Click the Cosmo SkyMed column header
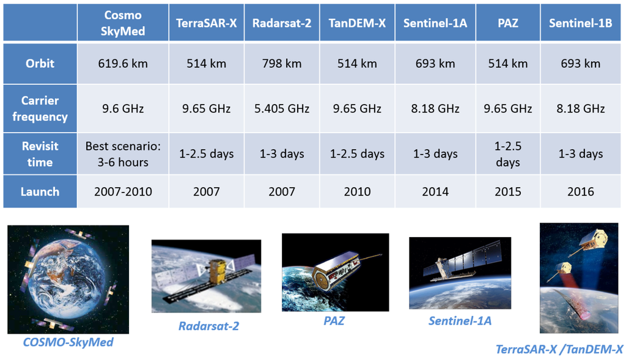click(x=123, y=23)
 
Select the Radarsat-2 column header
click(x=282, y=23)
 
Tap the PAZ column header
click(x=508, y=23)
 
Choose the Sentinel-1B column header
click(x=581, y=23)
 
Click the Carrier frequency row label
click(x=40, y=109)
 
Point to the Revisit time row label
click(x=40, y=154)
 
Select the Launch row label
click(x=40, y=191)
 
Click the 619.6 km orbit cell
click(x=123, y=64)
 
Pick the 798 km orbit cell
click(x=282, y=64)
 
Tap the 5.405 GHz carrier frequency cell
click(x=282, y=109)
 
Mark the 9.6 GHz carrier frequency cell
click(x=123, y=109)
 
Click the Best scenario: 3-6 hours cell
click(x=123, y=154)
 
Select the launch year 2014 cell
click(x=435, y=191)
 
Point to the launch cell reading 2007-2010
click(x=123, y=191)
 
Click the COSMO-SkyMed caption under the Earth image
click(x=68, y=342)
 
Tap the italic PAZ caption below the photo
click(x=334, y=320)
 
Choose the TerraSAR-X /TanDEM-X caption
click(x=559, y=349)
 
